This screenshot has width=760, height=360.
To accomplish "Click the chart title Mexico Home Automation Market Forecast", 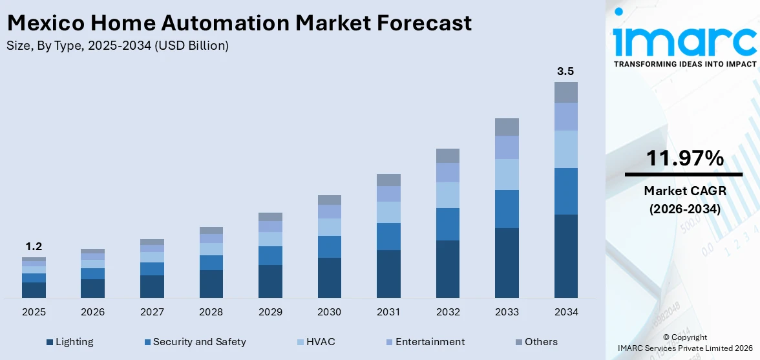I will (239, 23).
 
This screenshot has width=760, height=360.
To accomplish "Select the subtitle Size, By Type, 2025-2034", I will (117, 46).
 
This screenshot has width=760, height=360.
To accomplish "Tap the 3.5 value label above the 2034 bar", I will (565, 71).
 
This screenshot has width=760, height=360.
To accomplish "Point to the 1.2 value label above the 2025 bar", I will (34, 246).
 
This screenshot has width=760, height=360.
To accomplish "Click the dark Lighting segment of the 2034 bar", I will (565, 256).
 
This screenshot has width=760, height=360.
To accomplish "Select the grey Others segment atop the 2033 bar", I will (507, 127).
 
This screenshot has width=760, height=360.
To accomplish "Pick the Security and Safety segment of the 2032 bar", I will (447, 224).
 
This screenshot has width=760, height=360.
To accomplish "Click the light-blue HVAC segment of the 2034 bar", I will (565, 149).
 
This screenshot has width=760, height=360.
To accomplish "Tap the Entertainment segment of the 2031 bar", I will (388, 194).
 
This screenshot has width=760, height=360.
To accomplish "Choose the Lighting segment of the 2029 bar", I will (270, 281).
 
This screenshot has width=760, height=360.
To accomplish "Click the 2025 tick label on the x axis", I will (34, 312).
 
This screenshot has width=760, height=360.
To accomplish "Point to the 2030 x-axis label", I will (329, 312).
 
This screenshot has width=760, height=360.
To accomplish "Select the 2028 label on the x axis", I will (211, 312).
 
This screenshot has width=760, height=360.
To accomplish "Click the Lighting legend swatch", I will (50, 342).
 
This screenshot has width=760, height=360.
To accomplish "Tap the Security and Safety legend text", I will (199, 342).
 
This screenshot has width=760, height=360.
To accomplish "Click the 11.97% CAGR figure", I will (684, 158).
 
